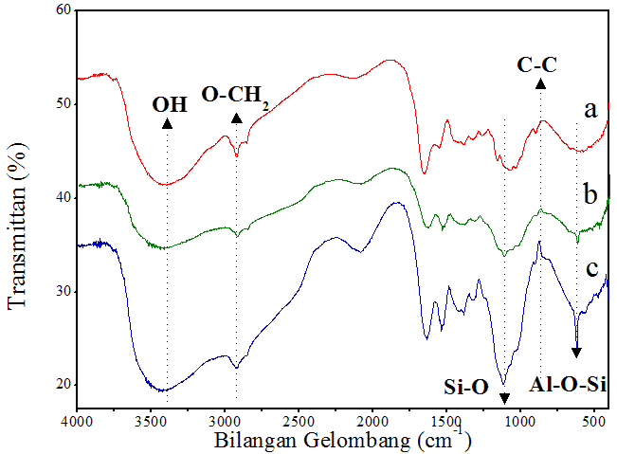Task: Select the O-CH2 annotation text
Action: [235, 96]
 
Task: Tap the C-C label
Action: [537, 65]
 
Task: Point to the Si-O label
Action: [466, 386]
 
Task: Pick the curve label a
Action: [590, 110]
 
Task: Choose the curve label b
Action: [590, 196]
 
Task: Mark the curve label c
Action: [590, 268]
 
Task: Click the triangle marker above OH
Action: [167, 123]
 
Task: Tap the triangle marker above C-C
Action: [540, 84]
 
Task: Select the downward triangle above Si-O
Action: [504, 398]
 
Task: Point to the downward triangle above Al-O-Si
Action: [576, 352]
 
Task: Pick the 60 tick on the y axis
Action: [64, 9]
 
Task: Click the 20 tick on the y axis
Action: [64, 385]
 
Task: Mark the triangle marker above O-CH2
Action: [236, 118]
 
